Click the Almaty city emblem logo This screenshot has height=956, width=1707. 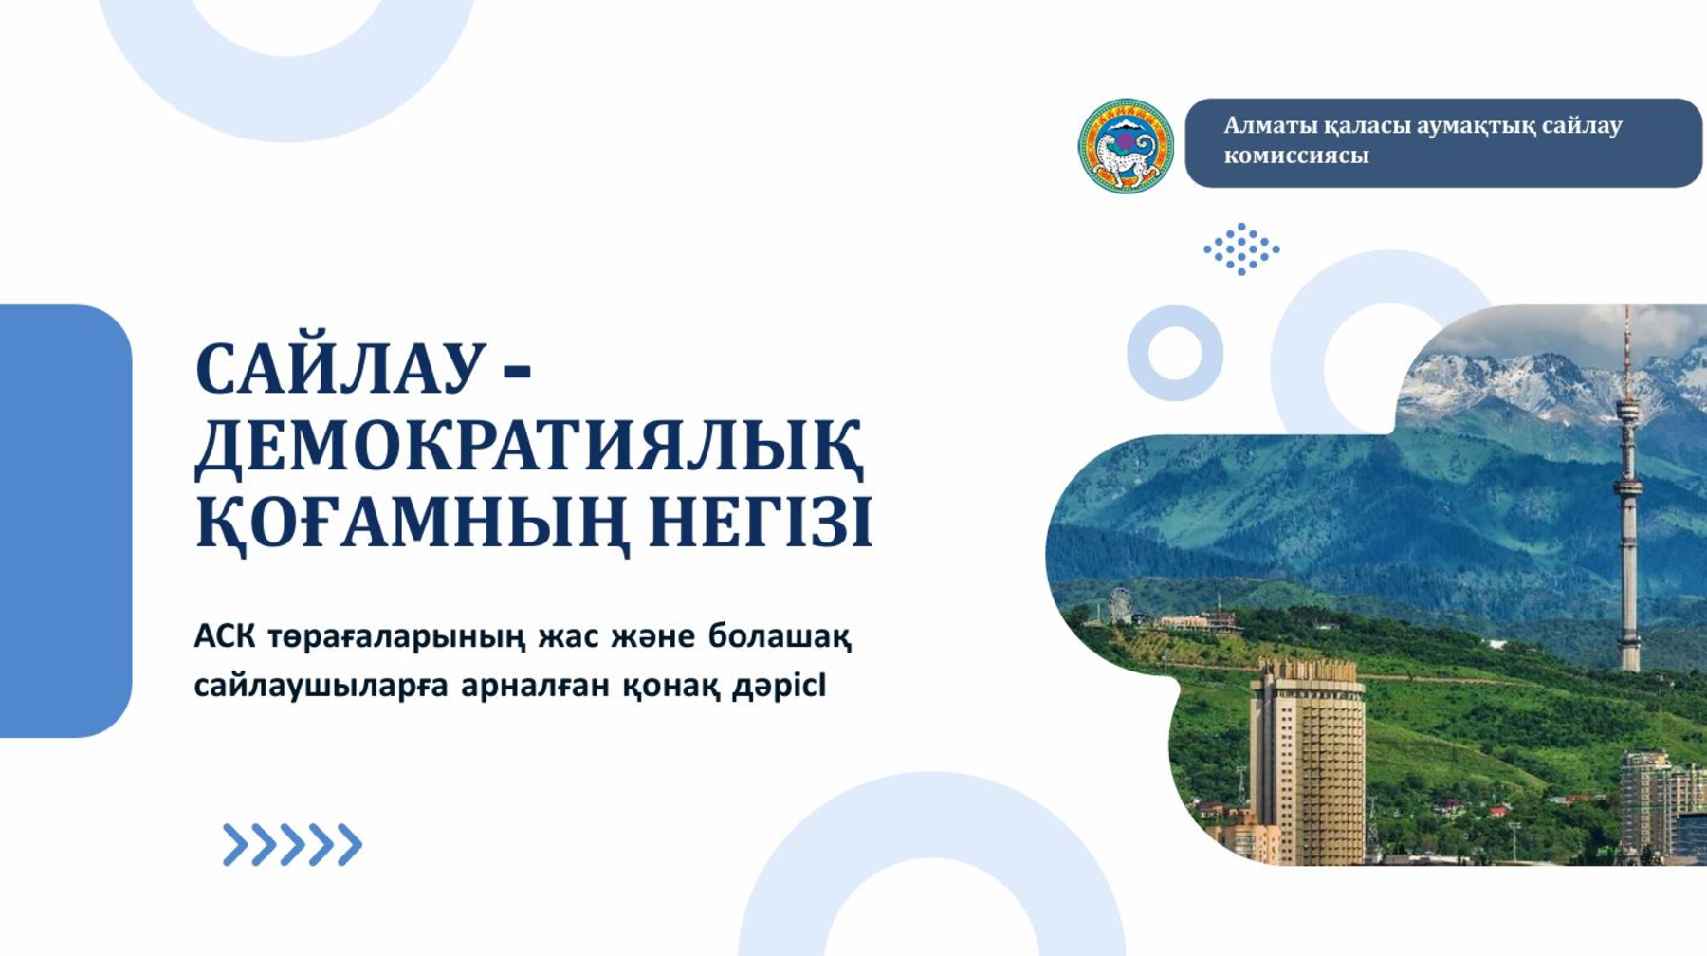pos(1126,146)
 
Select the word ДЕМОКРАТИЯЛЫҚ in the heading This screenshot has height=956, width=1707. pos(529,445)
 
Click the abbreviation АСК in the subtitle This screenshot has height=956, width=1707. pos(224,635)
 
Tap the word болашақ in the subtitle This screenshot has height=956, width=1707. pos(780,636)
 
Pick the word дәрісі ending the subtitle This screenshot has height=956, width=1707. pos(779,685)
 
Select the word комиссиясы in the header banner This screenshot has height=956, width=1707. pos(1295,156)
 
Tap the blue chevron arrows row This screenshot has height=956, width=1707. pos(292,844)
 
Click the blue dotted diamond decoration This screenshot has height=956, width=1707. pos(1241,249)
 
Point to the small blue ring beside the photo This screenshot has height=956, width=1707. pos(1175,353)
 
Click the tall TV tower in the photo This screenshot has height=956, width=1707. pos(1628,493)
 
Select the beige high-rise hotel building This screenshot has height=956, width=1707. pos(1308,759)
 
